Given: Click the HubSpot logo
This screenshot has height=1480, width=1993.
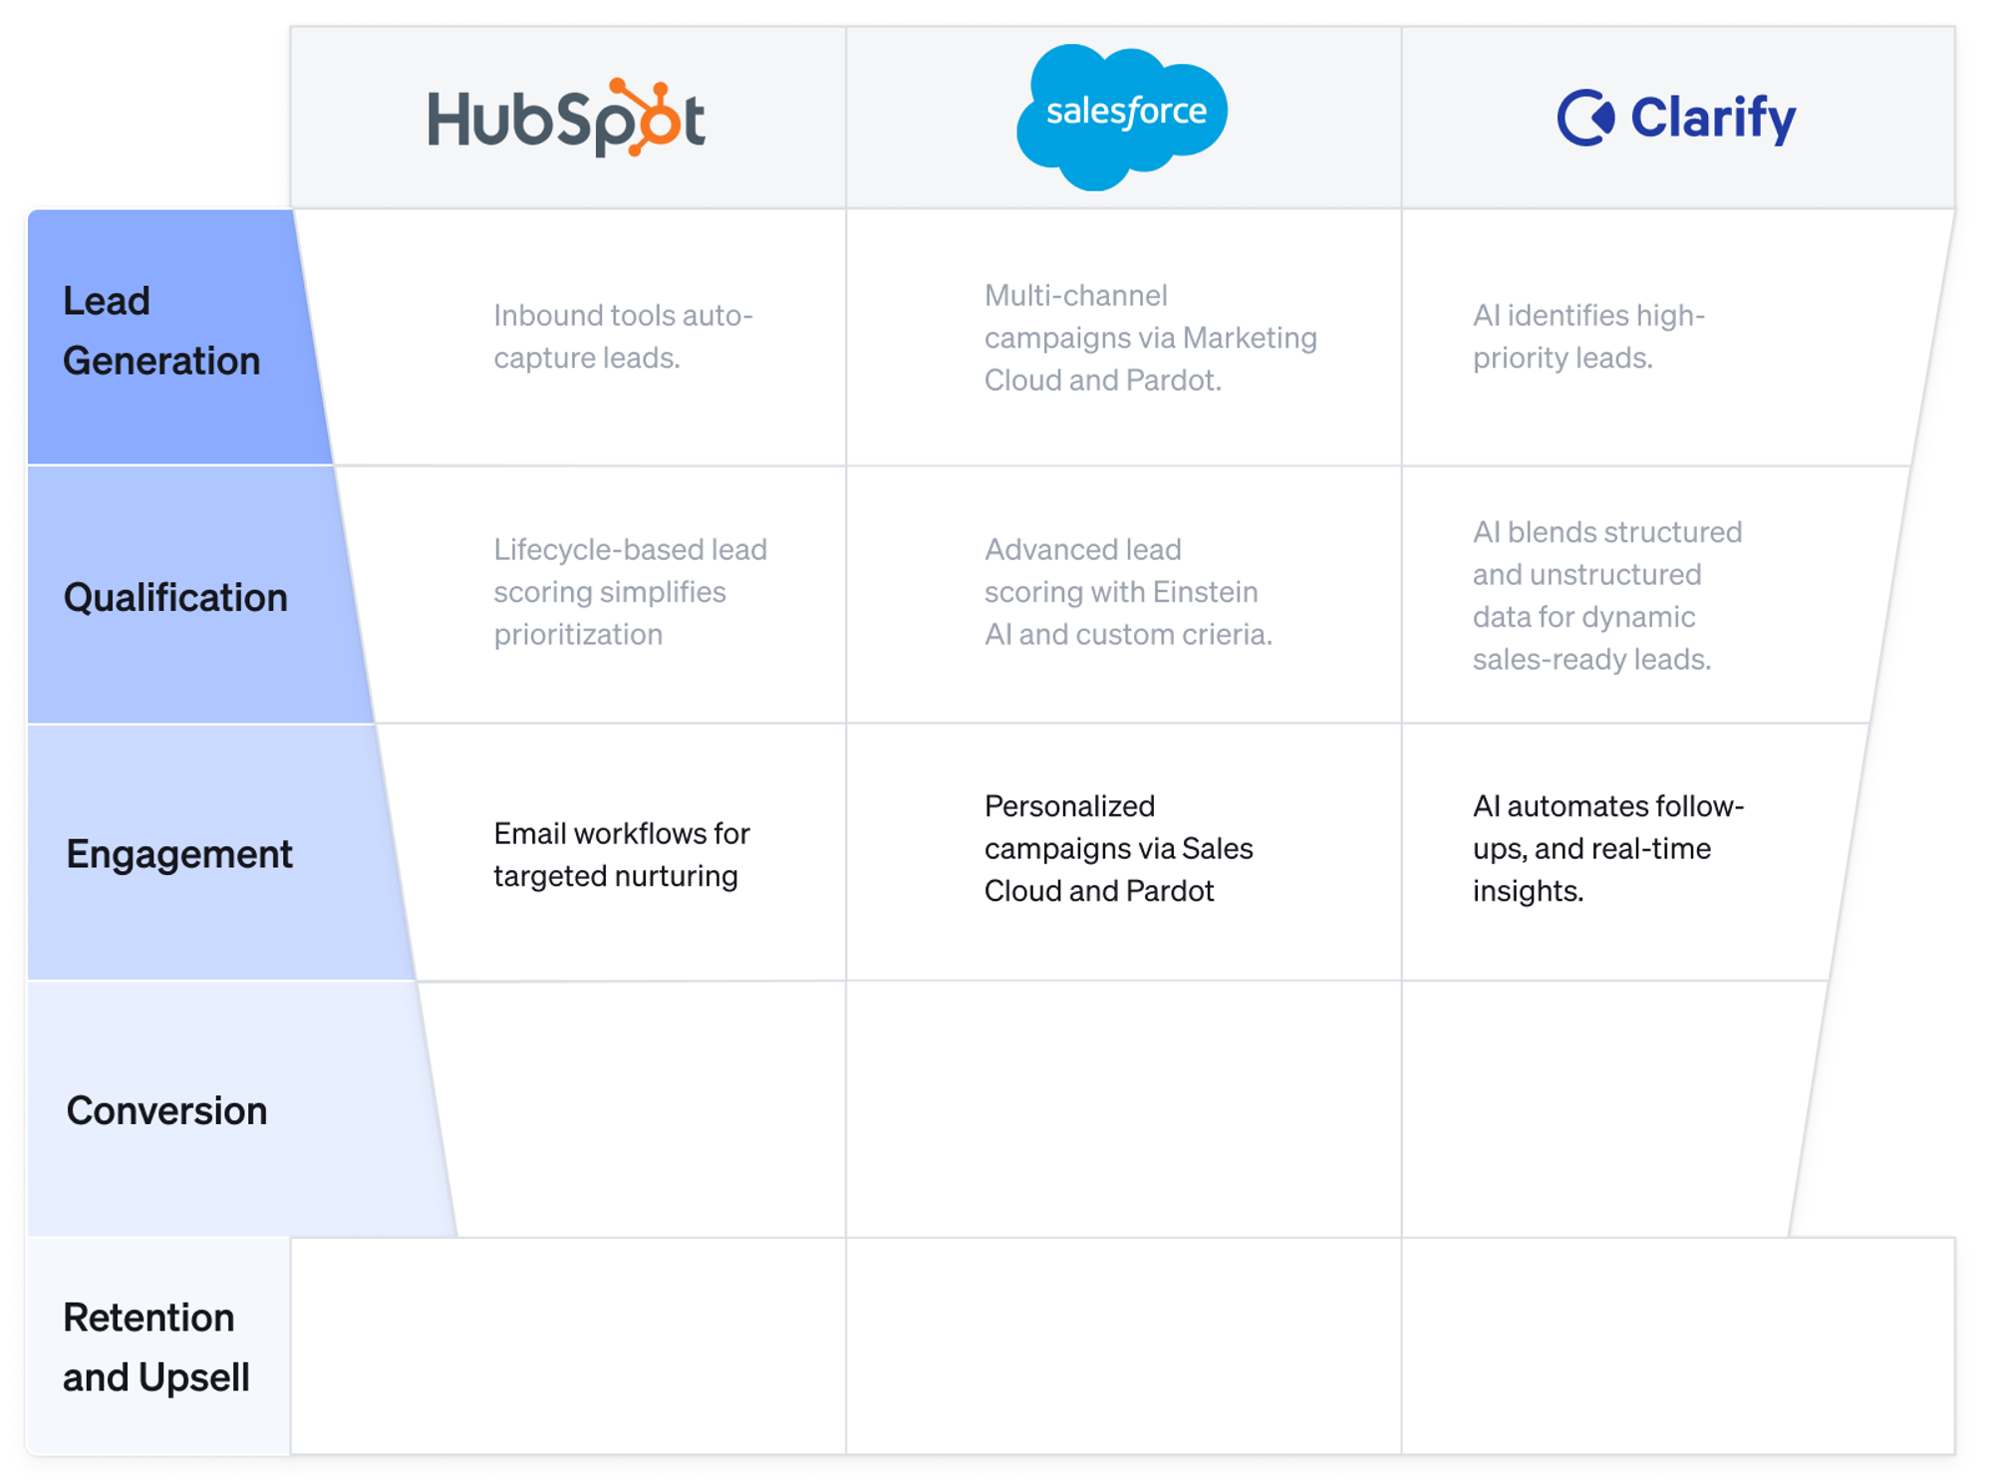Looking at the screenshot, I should (x=566, y=118).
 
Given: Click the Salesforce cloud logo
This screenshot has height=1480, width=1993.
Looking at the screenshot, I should (x=1123, y=115).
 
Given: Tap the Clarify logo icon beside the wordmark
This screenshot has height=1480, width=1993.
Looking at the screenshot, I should (x=1584, y=118).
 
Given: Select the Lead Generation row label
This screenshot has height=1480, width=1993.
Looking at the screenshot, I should (x=160, y=331).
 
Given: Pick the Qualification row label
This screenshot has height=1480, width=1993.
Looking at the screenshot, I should (x=175, y=597).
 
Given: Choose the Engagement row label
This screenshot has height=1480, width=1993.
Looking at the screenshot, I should (x=179, y=854).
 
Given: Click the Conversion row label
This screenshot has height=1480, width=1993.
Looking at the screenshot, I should (x=166, y=1110).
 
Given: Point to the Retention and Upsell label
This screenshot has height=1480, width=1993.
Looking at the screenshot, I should (x=155, y=1347).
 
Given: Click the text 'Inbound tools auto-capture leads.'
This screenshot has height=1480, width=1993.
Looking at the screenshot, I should (x=623, y=336).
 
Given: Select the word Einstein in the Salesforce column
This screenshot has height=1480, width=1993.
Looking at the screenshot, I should (x=1205, y=592).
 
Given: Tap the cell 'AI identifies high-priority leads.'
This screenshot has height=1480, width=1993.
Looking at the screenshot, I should (x=1588, y=336).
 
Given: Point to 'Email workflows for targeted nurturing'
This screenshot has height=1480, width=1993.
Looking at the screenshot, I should (x=621, y=854).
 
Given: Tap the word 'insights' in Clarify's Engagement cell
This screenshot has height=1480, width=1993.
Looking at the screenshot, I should (x=1526, y=891).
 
